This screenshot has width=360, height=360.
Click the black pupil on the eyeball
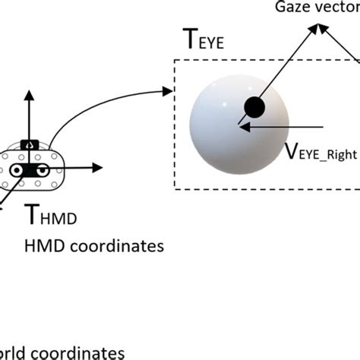coord(254,108)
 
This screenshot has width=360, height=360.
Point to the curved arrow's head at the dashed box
coord(169,92)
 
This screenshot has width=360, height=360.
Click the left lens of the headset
coord(14,171)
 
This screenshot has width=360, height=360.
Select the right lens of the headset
coord(45,170)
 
